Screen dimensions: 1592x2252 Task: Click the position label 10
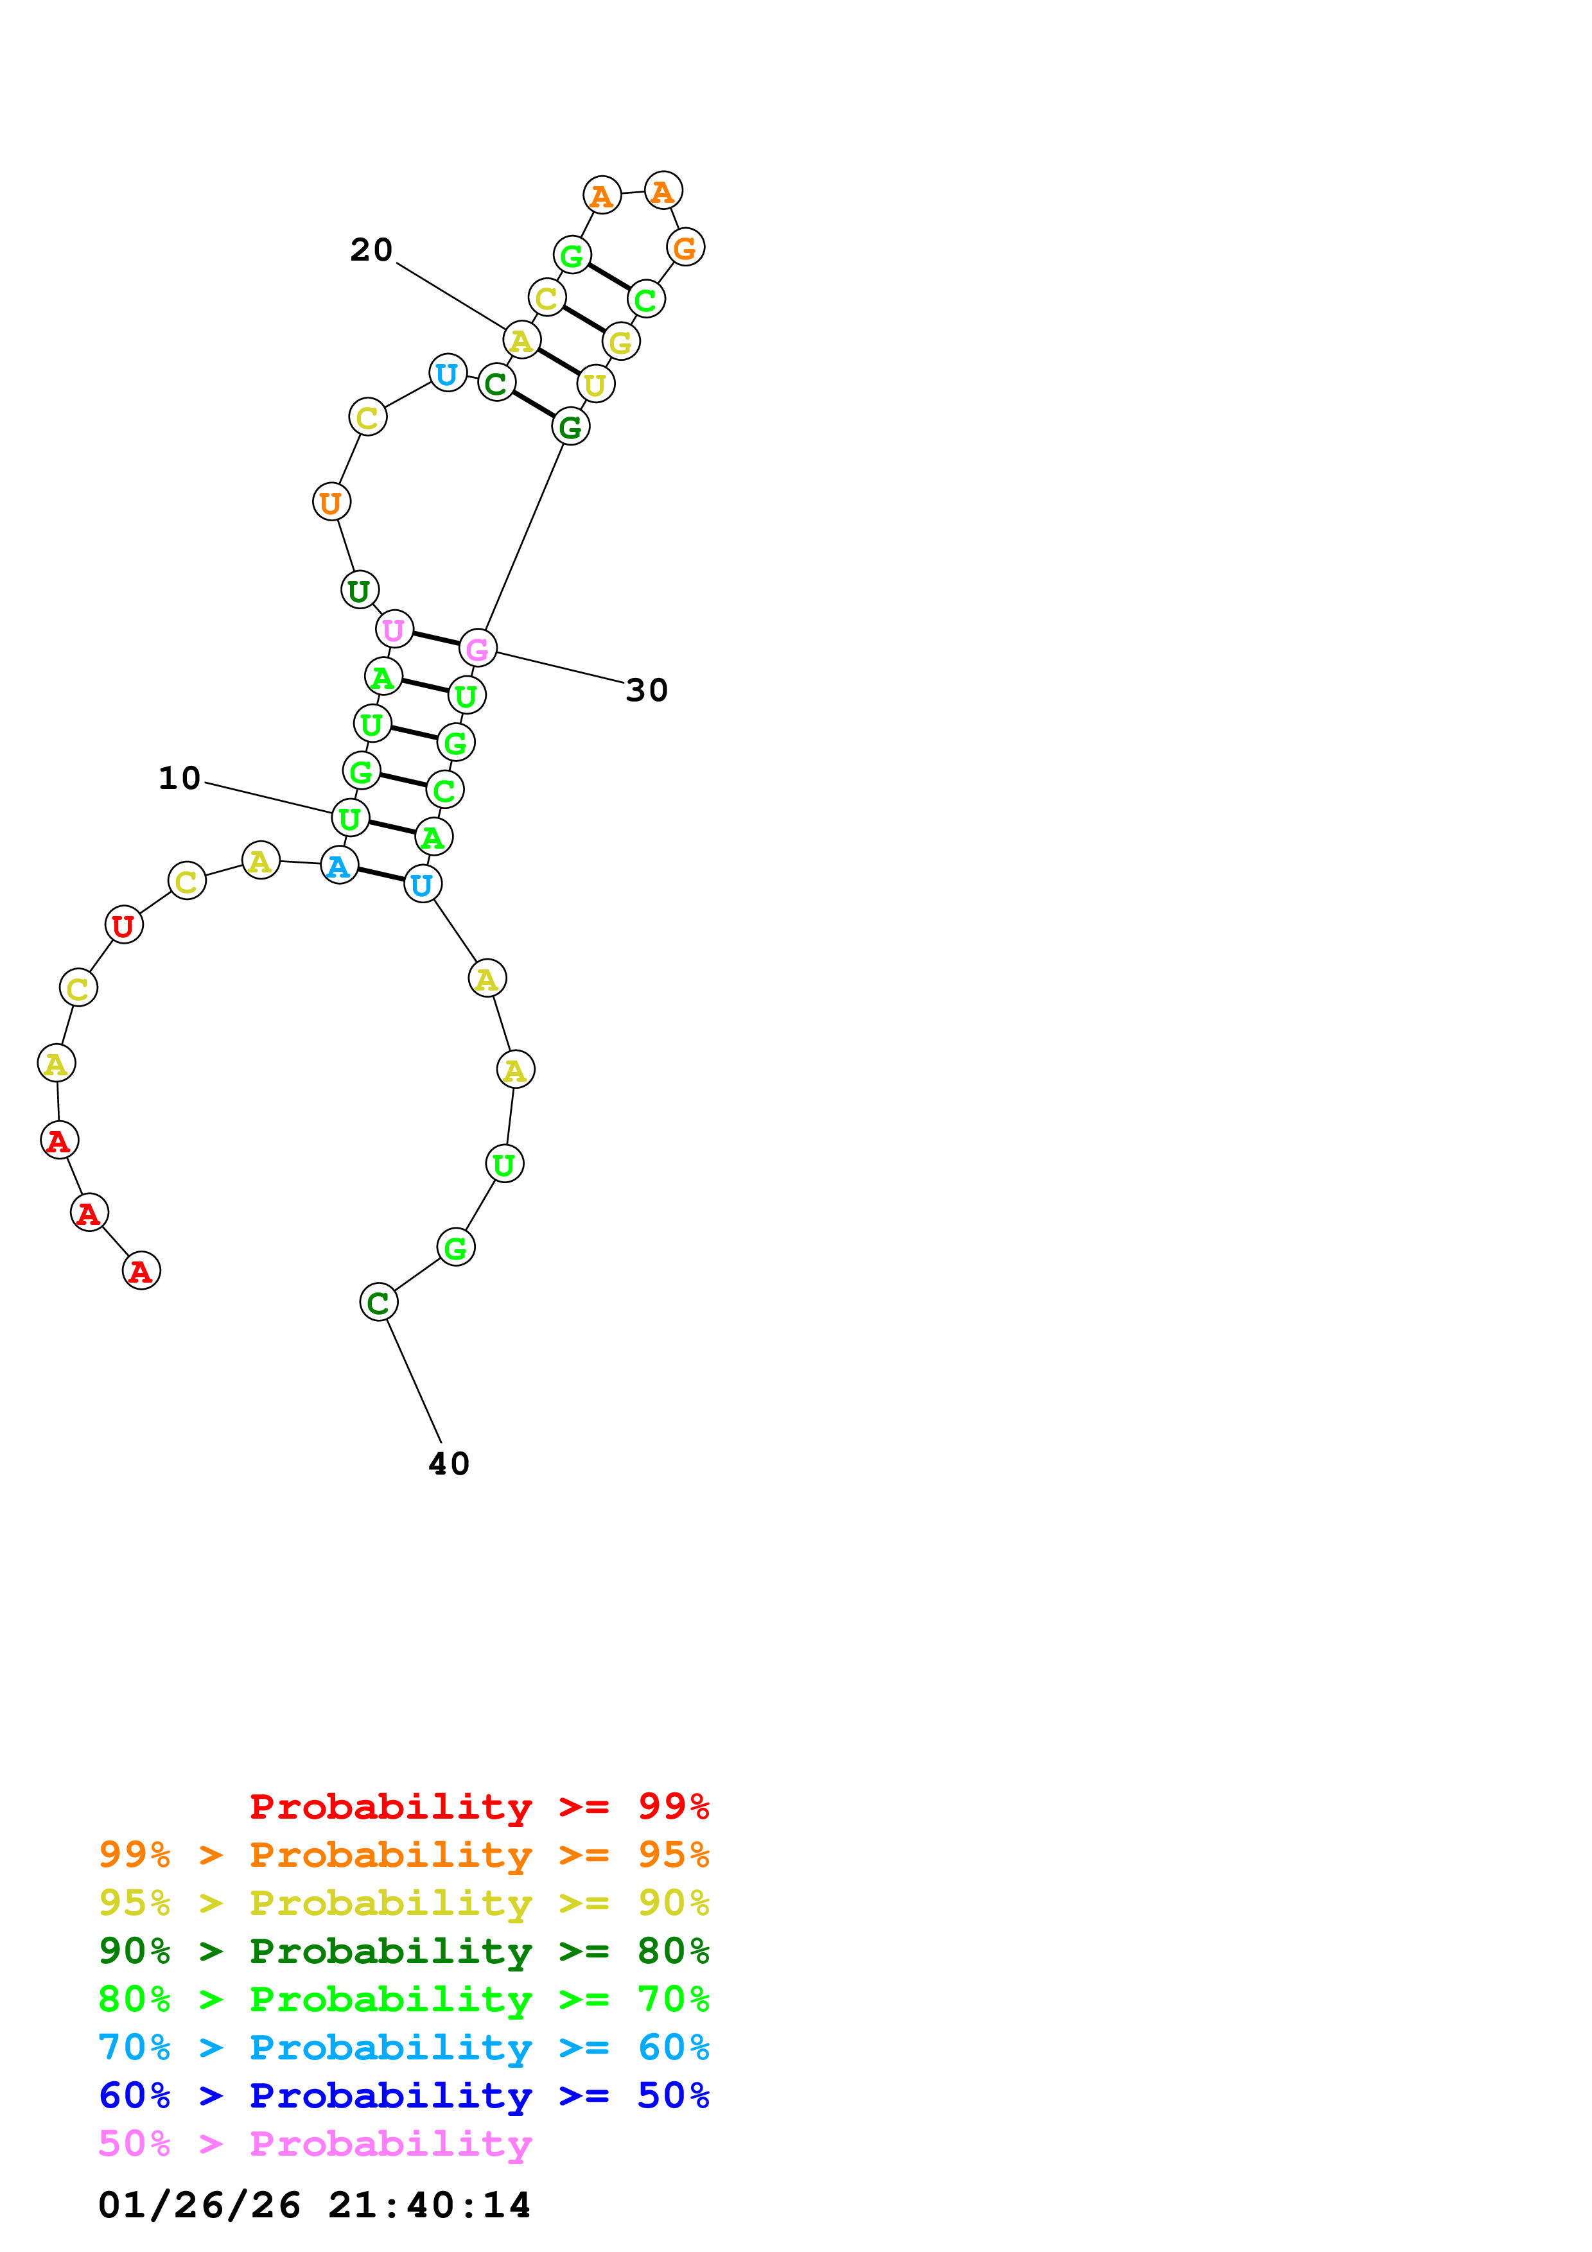(x=180, y=779)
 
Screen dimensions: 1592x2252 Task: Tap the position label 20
(x=372, y=250)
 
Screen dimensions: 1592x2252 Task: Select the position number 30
(x=647, y=691)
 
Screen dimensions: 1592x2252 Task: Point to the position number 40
(x=450, y=1464)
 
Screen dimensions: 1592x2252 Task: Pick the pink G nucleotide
(x=478, y=648)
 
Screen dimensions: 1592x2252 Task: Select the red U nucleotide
(x=123, y=925)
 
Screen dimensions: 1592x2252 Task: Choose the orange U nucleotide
(x=331, y=502)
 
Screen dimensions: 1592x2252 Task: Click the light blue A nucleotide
(x=339, y=865)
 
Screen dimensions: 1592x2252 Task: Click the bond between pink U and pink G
(x=435, y=639)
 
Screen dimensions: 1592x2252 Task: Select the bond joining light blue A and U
(x=381, y=874)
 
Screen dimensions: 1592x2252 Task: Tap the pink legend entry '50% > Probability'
(x=315, y=2144)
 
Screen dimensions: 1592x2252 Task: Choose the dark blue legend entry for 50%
(x=403, y=2096)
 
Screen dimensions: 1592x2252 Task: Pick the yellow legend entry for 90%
(x=403, y=1903)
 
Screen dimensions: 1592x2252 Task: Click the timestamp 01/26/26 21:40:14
(x=314, y=2205)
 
